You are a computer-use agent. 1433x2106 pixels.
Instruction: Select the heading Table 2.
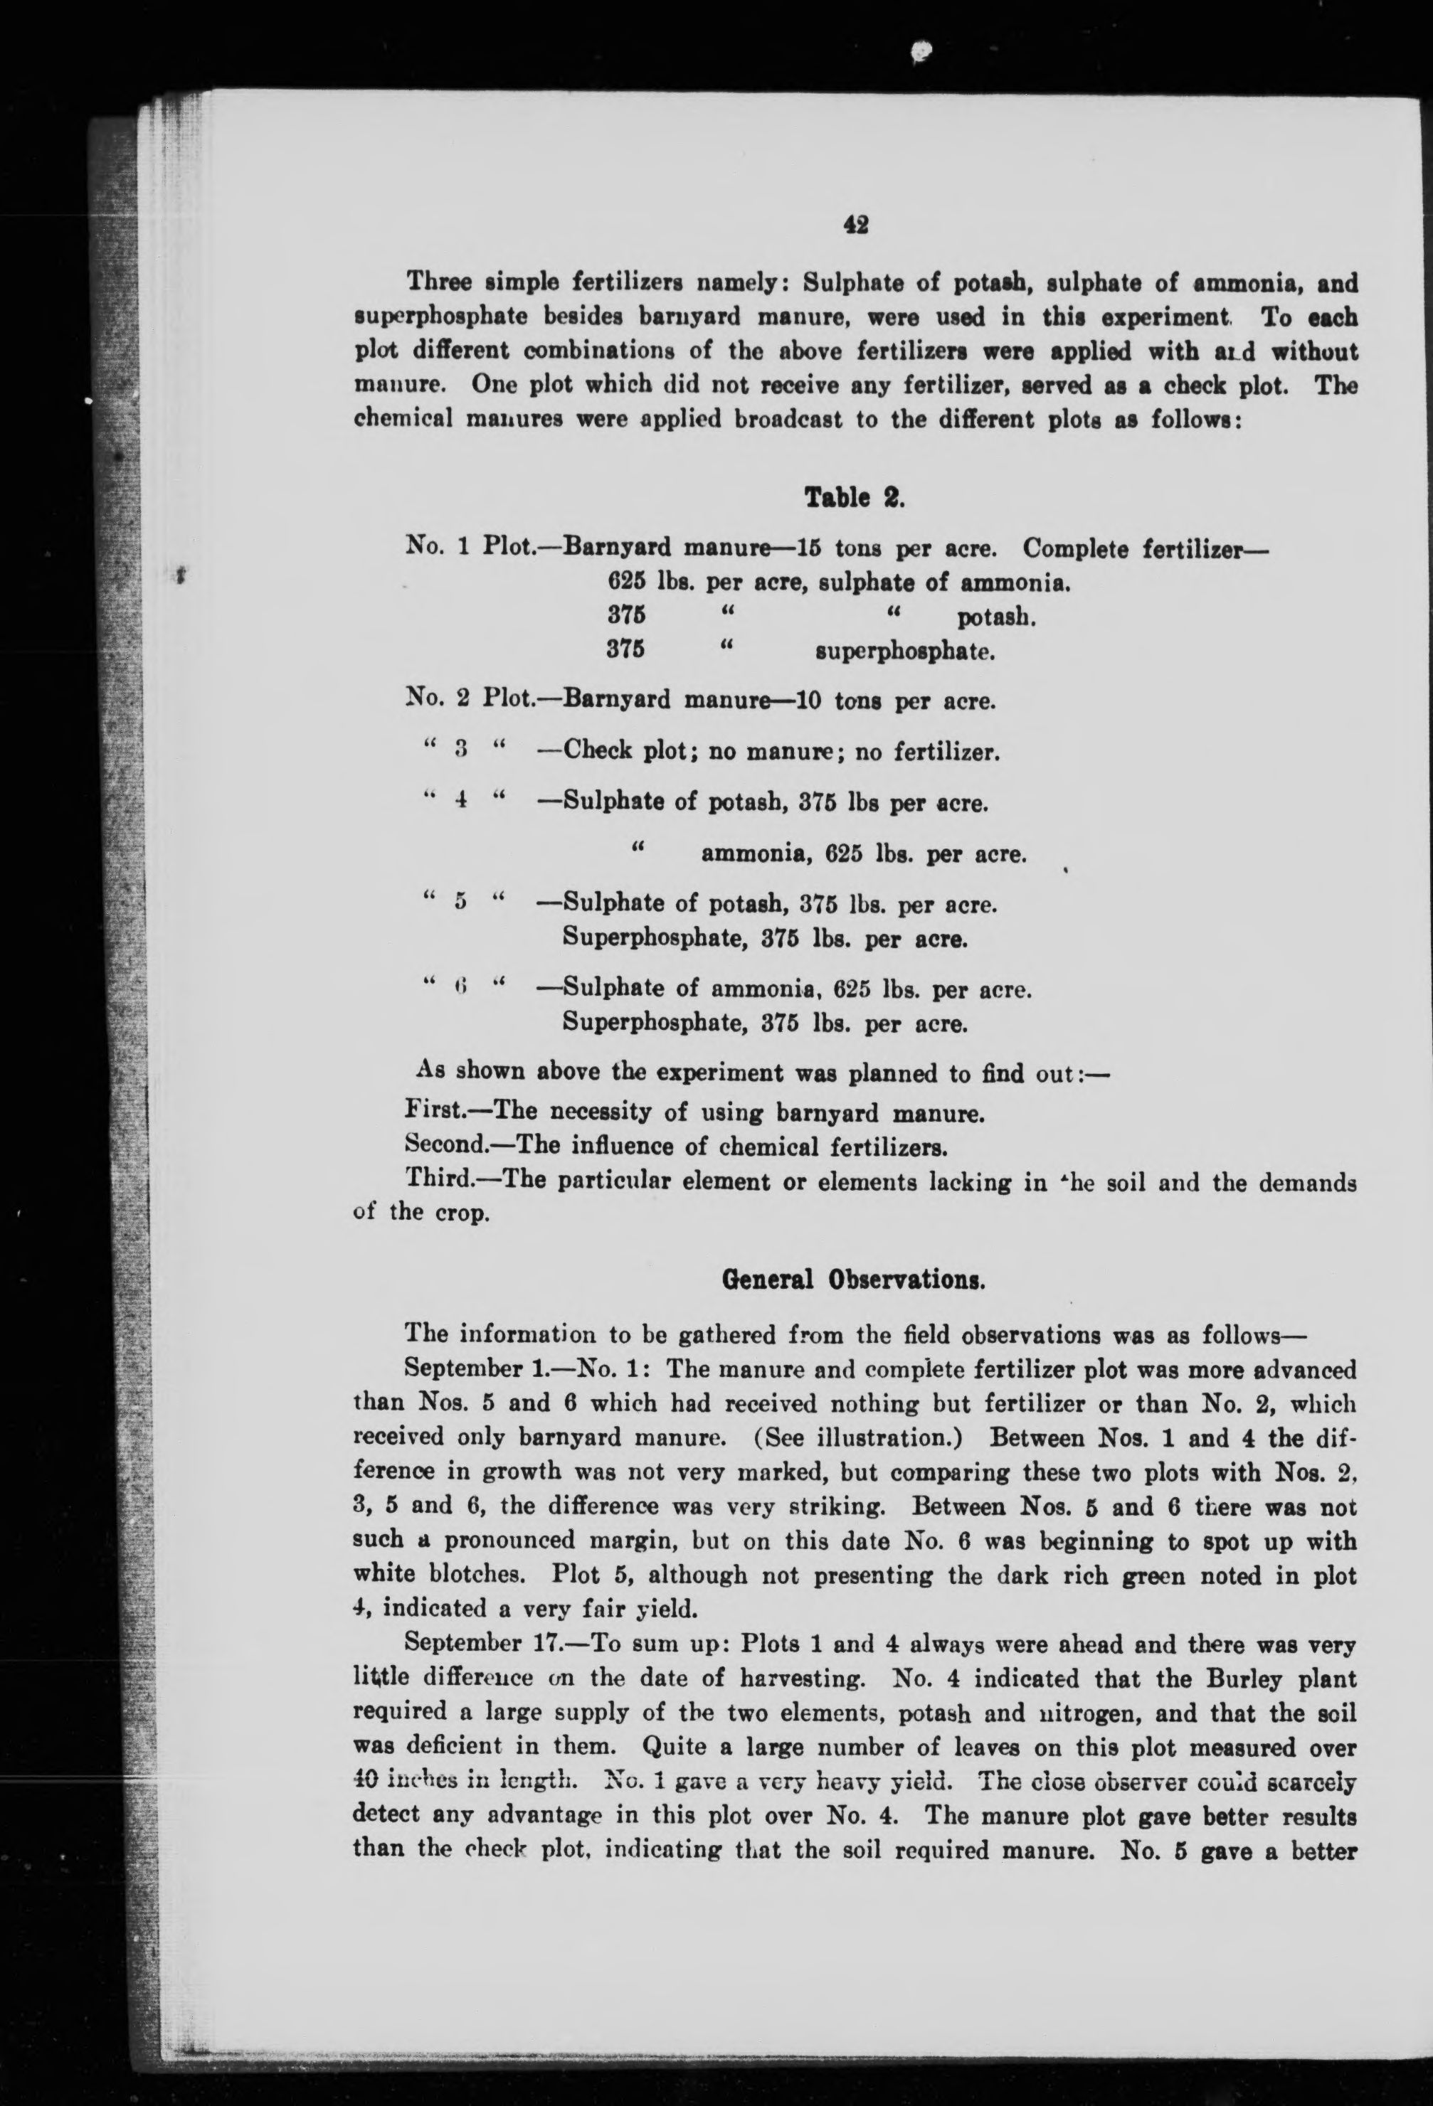pyautogui.click(x=854, y=497)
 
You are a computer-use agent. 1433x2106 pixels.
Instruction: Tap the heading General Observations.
pyautogui.click(x=853, y=1280)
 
